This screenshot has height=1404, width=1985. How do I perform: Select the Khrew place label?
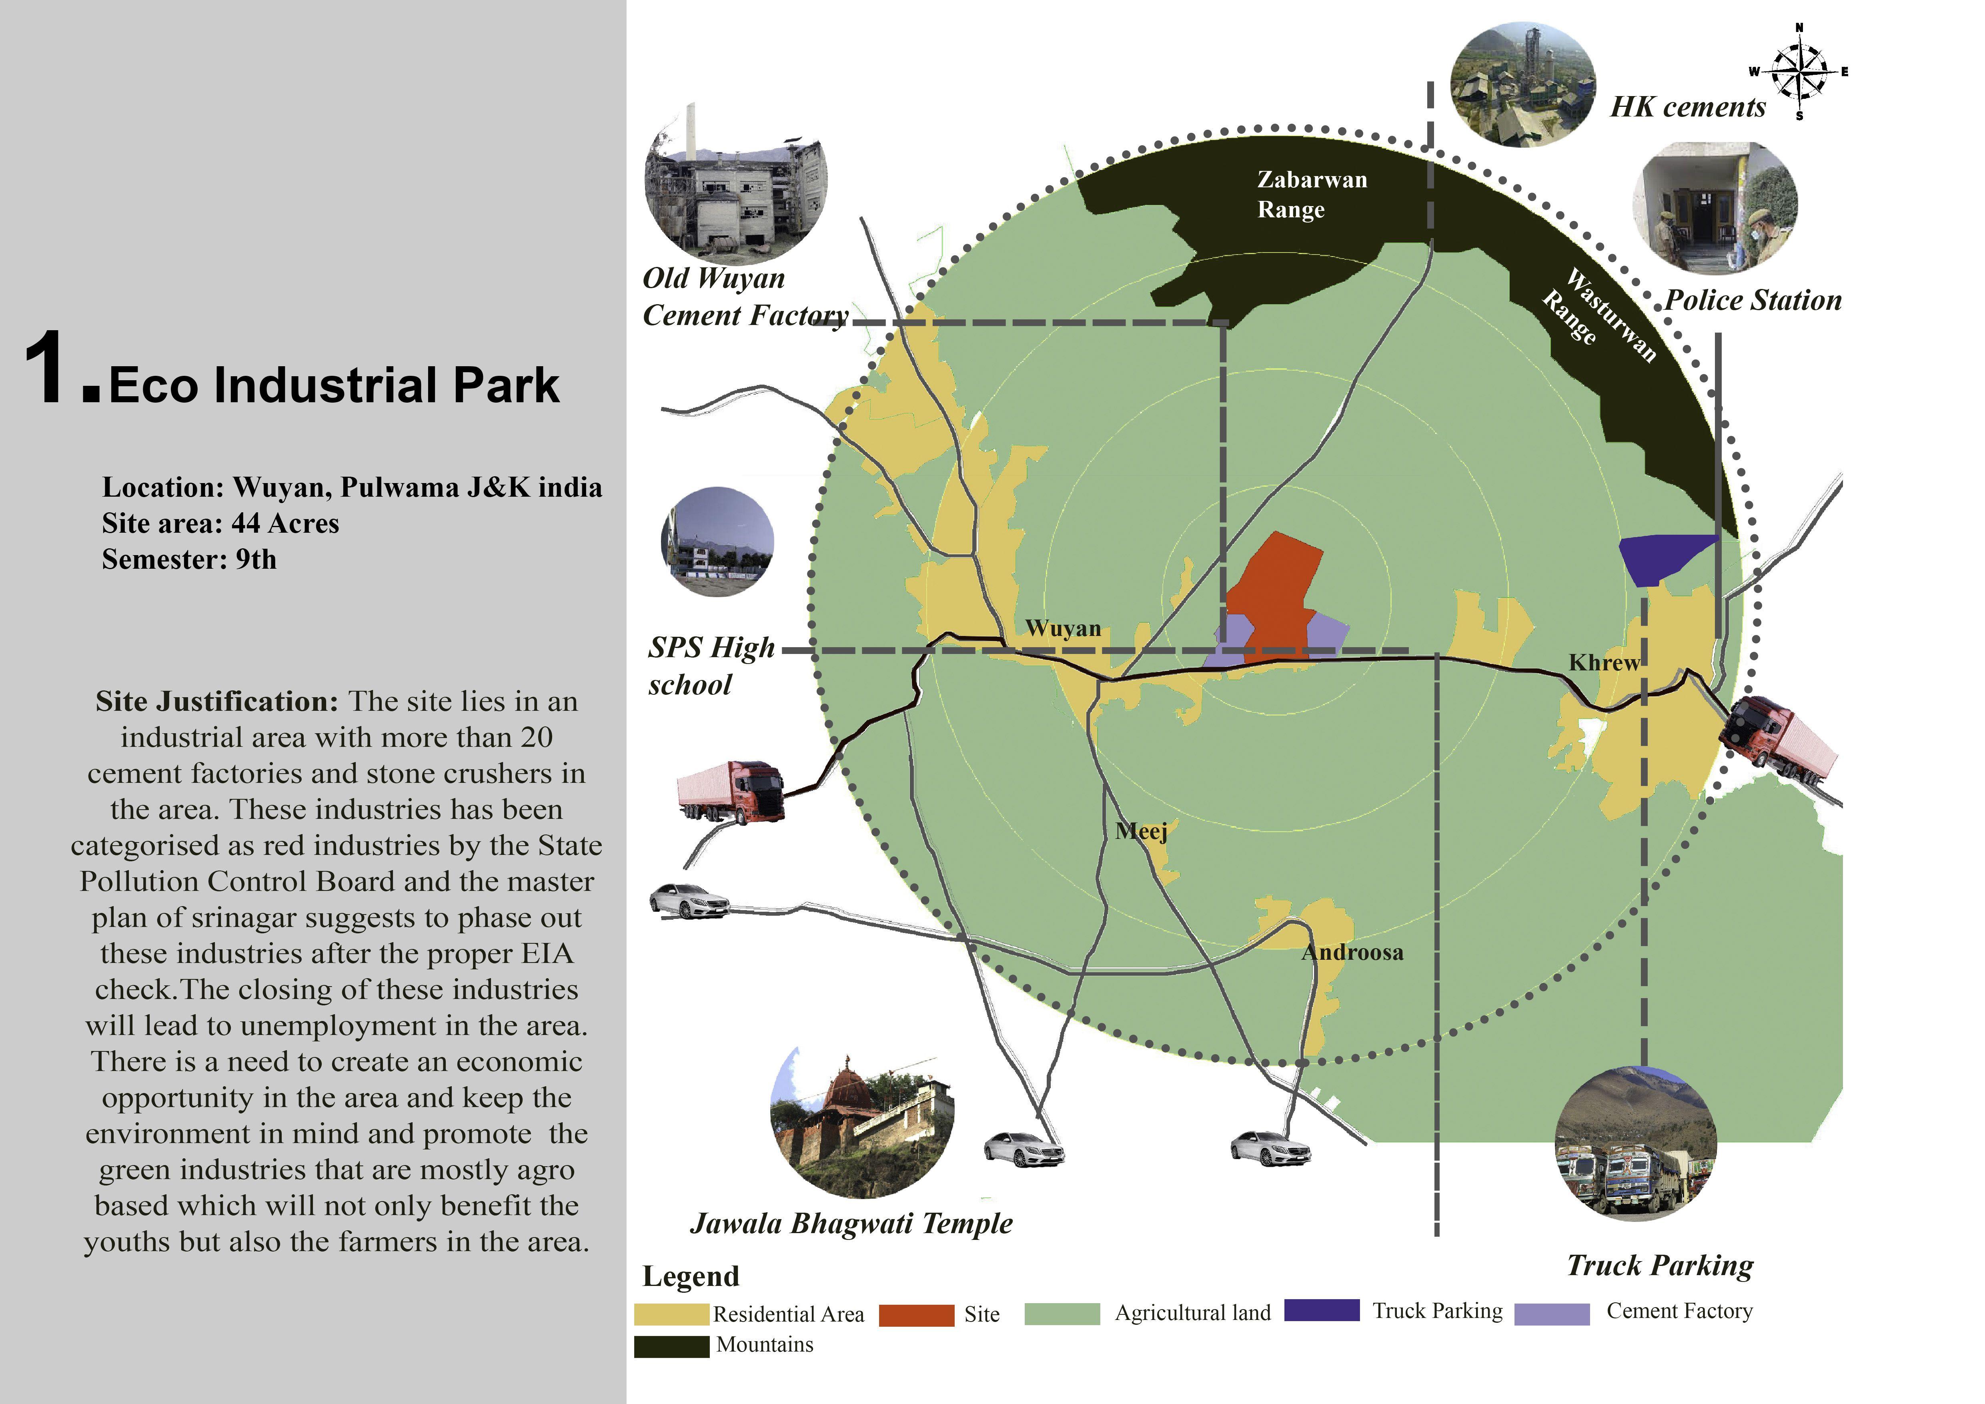[1604, 663]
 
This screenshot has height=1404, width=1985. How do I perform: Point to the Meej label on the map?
[1141, 832]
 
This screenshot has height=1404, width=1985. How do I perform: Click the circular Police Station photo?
[1715, 207]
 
